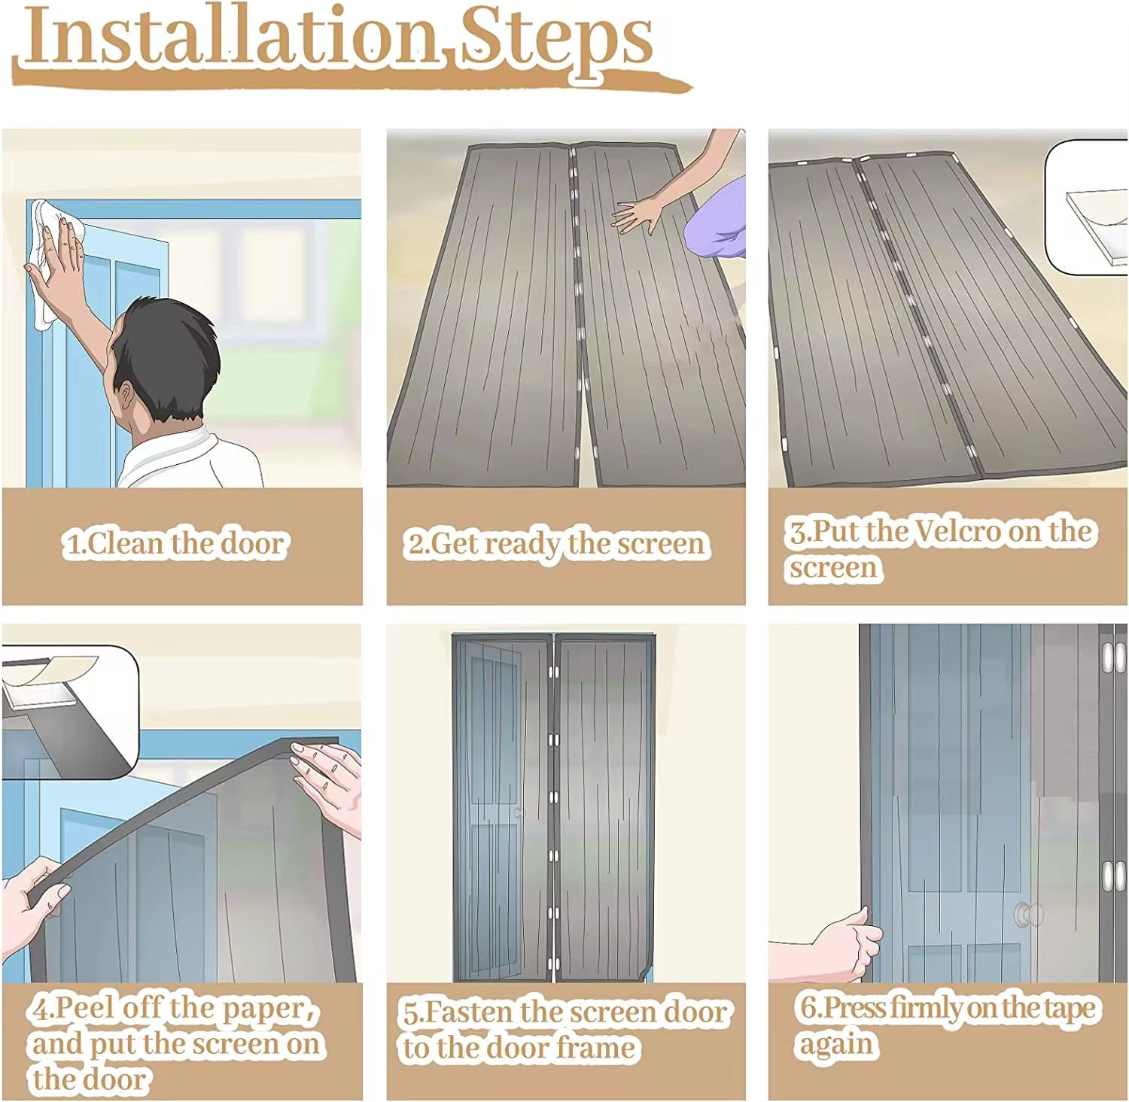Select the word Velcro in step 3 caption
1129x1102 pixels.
point(959,531)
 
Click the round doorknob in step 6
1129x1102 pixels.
point(1028,915)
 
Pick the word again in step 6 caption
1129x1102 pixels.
point(835,1045)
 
